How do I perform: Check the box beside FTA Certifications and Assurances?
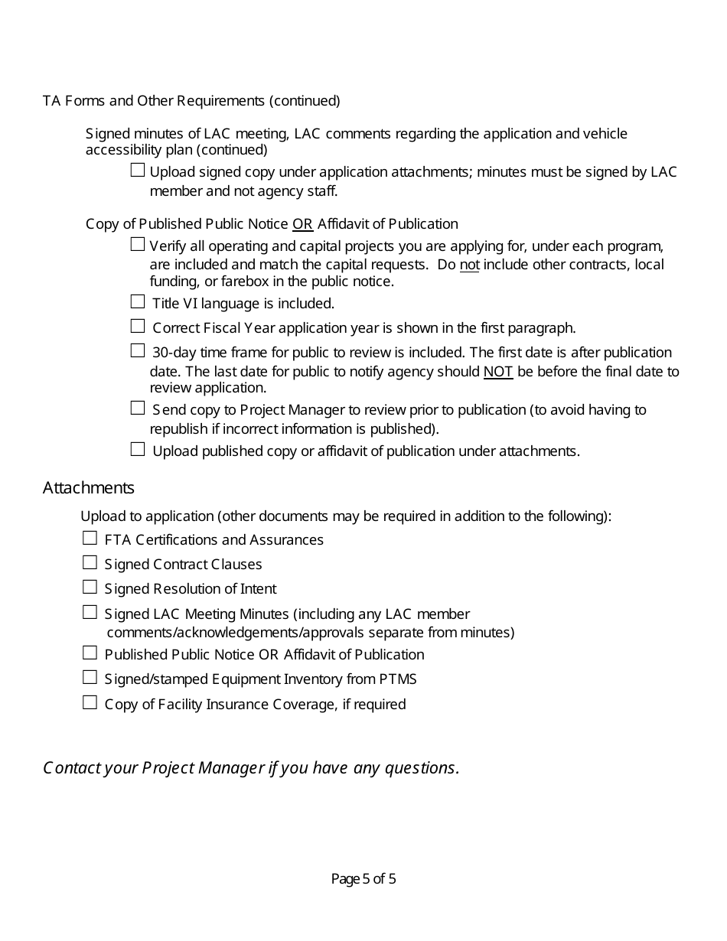[x=90, y=539]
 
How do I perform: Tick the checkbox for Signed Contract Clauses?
[x=90, y=563]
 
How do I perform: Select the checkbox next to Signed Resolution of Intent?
[x=90, y=588]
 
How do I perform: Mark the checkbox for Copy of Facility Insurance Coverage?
[x=90, y=702]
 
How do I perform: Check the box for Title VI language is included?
[x=137, y=302]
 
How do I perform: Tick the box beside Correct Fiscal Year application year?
[x=137, y=327]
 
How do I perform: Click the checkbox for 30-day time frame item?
[x=137, y=351]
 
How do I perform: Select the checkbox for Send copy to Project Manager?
[x=137, y=409]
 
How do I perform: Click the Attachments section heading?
[x=89, y=488]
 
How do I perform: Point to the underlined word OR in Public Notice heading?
[x=303, y=224]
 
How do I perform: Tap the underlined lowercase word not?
[x=469, y=265]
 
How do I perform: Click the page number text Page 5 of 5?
[x=363, y=879]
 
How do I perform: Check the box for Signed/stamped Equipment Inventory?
[x=90, y=678]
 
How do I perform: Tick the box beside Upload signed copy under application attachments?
[x=137, y=171]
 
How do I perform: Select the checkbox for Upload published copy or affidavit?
[x=137, y=450]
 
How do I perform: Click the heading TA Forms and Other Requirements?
[x=191, y=101]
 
